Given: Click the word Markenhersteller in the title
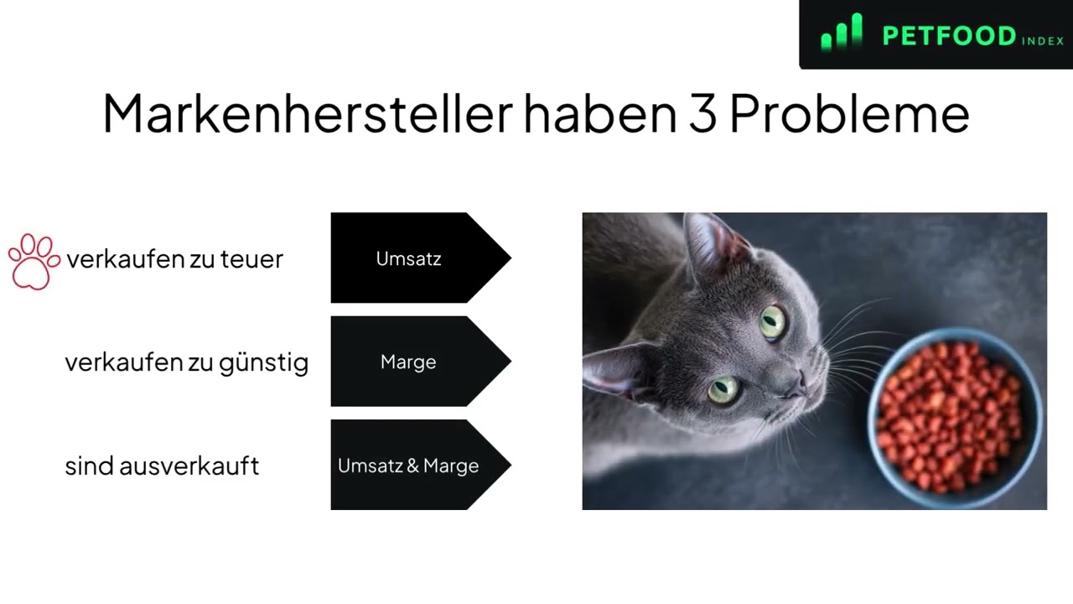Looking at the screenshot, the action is pyautogui.click(x=308, y=113).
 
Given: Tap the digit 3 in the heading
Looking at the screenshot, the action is pyautogui.click(x=702, y=114).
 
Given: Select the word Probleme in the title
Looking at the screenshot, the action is pyautogui.click(x=849, y=114).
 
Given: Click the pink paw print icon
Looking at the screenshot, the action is pyautogui.click(x=34, y=261).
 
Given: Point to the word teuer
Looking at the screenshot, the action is pyautogui.click(x=251, y=259).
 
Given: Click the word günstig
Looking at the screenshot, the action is pyautogui.click(x=263, y=363).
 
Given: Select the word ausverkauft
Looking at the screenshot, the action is pyautogui.click(x=189, y=466).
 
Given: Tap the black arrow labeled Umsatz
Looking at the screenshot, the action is pyautogui.click(x=421, y=258).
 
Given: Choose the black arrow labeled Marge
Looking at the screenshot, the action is pyautogui.click(x=421, y=362).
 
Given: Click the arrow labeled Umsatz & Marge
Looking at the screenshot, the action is pyautogui.click(x=421, y=465).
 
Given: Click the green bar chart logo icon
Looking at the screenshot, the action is pyautogui.click(x=842, y=32).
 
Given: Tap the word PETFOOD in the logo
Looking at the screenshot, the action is pyautogui.click(x=949, y=36).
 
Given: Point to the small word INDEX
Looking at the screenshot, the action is pyautogui.click(x=1042, y=41).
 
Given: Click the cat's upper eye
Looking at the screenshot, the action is pyautogui.click(x=773, y=323).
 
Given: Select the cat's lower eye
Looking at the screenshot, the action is pyautogui.click(x=723, y=389).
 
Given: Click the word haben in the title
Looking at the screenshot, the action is pyautogui.click(x=600, y=113).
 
